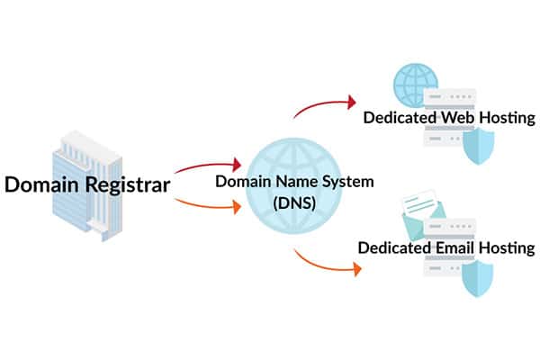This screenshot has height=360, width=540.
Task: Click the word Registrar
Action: (127, 185)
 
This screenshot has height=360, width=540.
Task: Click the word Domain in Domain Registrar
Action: (43, 185)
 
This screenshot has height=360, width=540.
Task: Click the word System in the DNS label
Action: (347, 182)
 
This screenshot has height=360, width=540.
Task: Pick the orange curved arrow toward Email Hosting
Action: (324, 261)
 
